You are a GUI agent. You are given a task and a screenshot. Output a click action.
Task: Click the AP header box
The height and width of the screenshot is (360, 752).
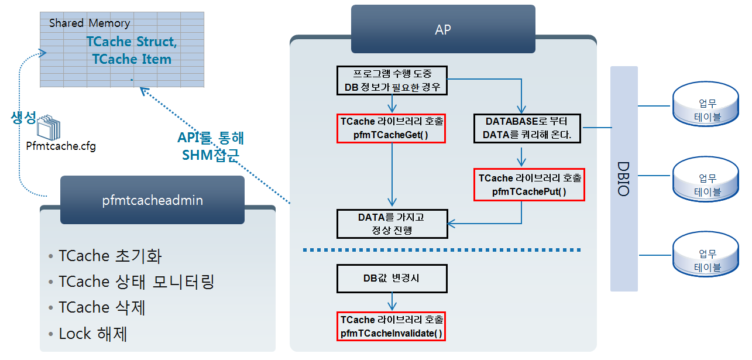coord(443,29)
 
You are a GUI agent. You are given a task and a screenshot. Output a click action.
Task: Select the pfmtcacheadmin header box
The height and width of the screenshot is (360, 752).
coord(152,200)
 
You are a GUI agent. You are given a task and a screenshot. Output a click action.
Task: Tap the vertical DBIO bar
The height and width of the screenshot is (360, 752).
coord(623,179)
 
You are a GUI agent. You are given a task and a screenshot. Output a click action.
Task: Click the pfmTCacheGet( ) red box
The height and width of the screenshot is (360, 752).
coord(392,128)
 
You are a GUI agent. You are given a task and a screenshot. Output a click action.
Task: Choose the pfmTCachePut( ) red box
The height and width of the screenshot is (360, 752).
coord(521,184)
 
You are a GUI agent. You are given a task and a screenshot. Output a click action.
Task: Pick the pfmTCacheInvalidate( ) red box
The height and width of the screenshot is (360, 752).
coord(392,327)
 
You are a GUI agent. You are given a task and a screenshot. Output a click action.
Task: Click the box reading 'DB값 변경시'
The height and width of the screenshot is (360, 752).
coord(392,279)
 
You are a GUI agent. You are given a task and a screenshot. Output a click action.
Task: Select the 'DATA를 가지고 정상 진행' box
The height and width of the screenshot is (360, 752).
coord(392,223)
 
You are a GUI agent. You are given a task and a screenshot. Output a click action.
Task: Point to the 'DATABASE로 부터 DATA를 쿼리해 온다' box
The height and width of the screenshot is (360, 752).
coord(527,128)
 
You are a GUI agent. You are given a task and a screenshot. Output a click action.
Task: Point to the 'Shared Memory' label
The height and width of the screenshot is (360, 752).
coord(90,23)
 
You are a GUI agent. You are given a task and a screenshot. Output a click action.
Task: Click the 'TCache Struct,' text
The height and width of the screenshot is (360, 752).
coord(132,42)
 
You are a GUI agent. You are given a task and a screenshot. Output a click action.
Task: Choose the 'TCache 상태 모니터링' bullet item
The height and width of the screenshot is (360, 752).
coord(136,282)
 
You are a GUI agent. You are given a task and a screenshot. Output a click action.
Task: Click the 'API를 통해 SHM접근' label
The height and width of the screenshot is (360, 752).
coord(211,146)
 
